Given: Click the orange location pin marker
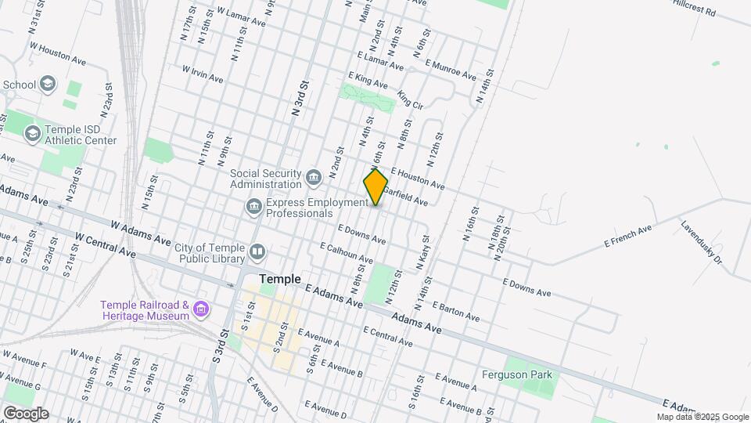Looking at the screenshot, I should (375, 187).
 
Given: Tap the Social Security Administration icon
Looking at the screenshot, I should (314, 178).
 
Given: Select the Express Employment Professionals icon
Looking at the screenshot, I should (254, 207).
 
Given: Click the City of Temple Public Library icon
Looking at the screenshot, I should (258, 252).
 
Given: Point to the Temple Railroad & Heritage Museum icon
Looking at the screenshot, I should (202, 309).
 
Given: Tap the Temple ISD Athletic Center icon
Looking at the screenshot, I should (32, 135).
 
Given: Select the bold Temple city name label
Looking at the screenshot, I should (280, 278).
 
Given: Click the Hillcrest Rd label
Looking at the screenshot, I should (694, 8).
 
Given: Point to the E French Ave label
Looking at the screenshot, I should (627, 237).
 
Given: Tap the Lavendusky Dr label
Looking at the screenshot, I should (701, 240).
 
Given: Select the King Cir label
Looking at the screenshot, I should (410, 99).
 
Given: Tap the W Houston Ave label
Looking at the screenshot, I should (57, 52).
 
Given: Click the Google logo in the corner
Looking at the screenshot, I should (26, 413).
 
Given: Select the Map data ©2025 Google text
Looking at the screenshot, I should (702, 417).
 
